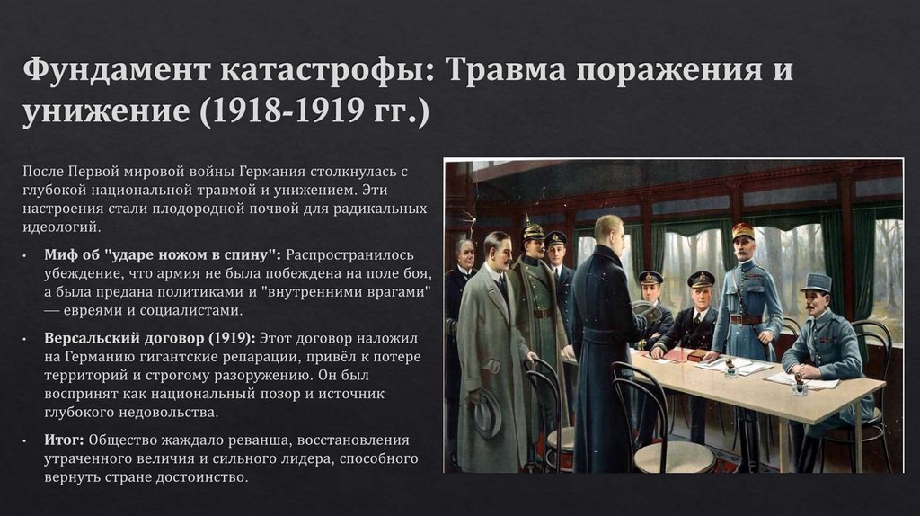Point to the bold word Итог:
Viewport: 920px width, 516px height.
tap(64, 440)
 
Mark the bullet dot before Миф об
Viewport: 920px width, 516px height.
tap(28, 254)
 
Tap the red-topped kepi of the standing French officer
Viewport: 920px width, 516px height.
tap(743, 231)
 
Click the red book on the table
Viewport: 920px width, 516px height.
tap(697, 356)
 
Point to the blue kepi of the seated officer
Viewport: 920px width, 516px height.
tap(817, 281)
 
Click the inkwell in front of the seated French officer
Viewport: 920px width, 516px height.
tap(799, 387)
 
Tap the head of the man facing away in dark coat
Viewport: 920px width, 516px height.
tap(608, 229)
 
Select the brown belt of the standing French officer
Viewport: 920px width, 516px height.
tap(747, 318)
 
